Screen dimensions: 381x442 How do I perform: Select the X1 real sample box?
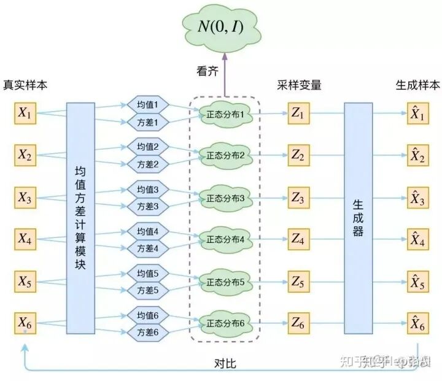[25, 114]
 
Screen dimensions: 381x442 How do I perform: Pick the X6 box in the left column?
[25, 323]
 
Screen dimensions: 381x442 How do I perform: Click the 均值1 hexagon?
[148, 105]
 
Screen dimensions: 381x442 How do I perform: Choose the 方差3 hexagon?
[148, 207]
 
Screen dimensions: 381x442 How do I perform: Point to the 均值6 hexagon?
[148, 315]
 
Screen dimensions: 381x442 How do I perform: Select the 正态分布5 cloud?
[225, 282]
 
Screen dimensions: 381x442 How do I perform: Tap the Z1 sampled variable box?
[298, 114]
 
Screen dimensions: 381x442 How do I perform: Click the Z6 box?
[298, 323]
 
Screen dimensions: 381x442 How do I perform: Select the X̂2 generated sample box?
[417, 156]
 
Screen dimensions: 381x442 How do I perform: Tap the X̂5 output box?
[417, 282]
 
